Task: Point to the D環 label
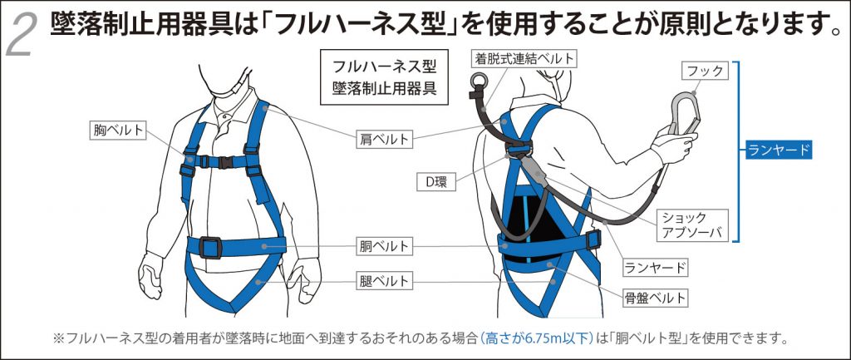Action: [431, 181]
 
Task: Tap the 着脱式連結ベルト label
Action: [524, 58]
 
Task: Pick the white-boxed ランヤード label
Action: [656, 267]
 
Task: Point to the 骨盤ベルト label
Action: [656, 296]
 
